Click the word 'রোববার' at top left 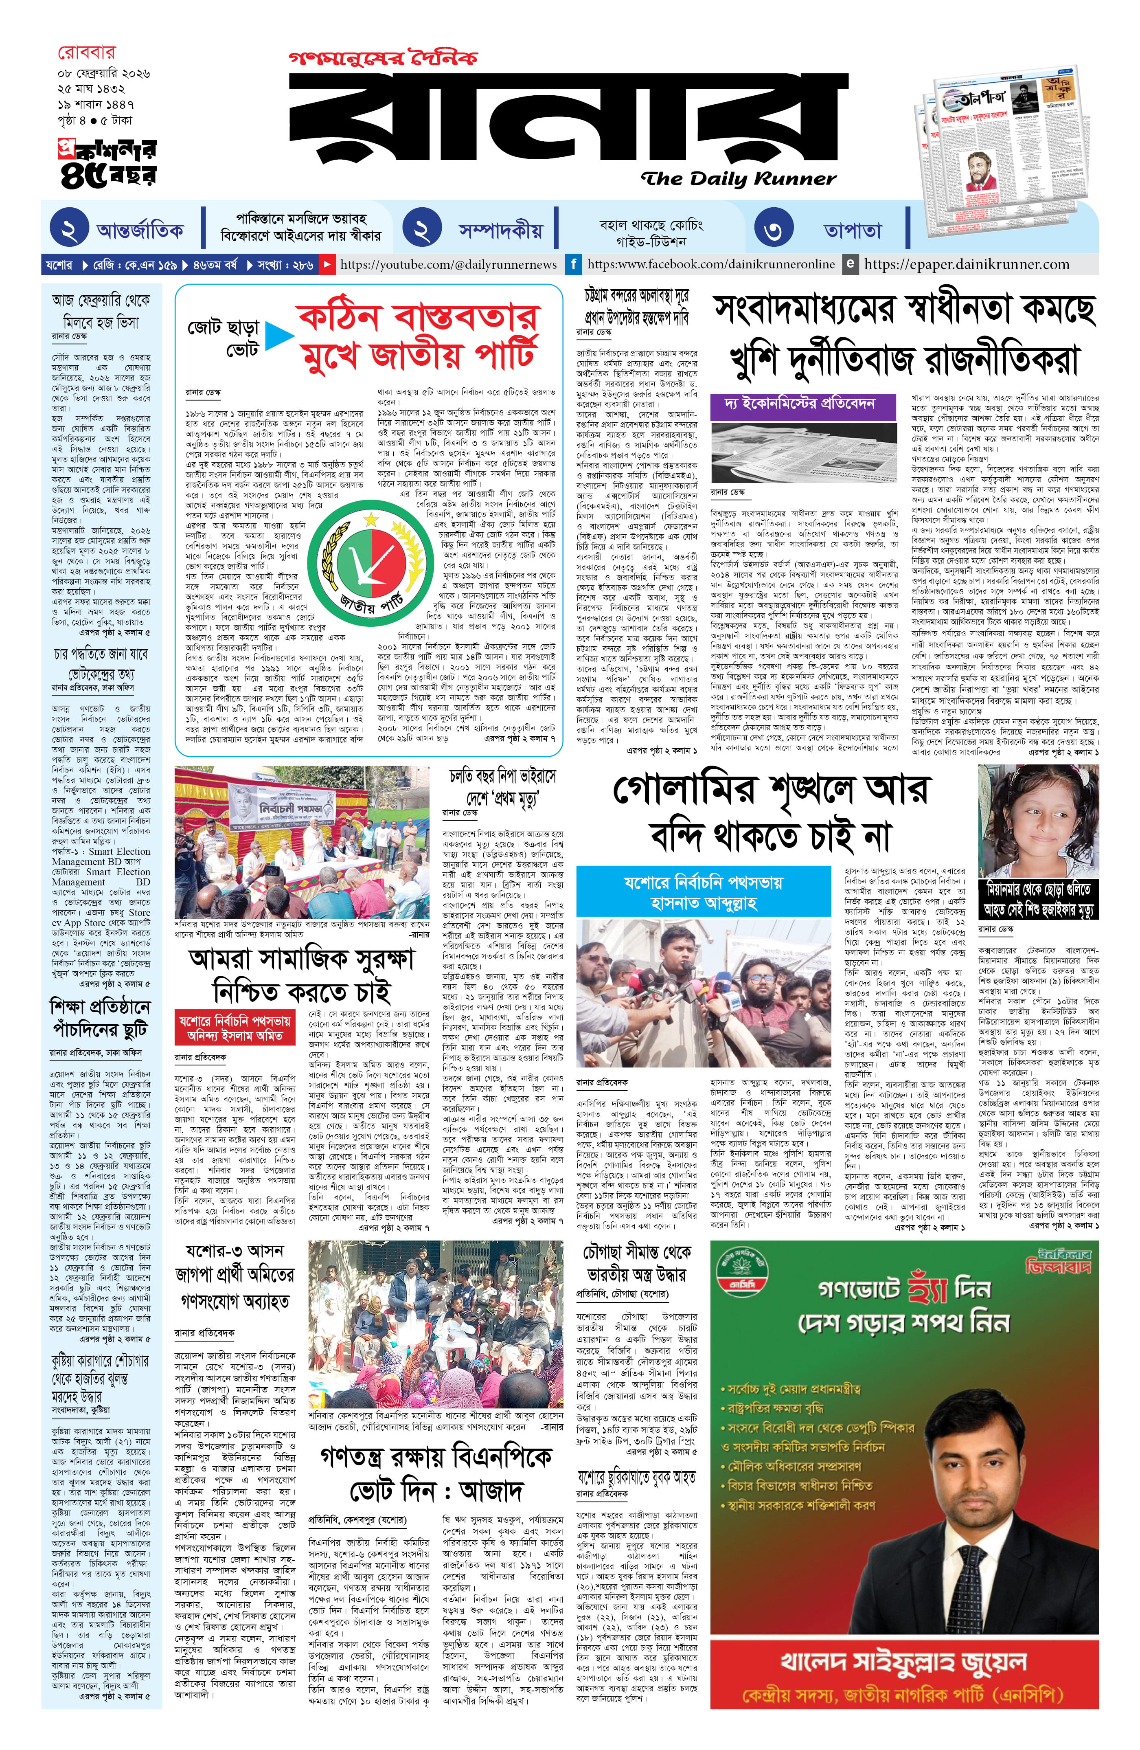[x=87, y=53]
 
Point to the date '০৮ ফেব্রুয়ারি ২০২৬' [x=104, y=74]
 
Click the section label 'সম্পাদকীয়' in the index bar [x=500, y=230]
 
